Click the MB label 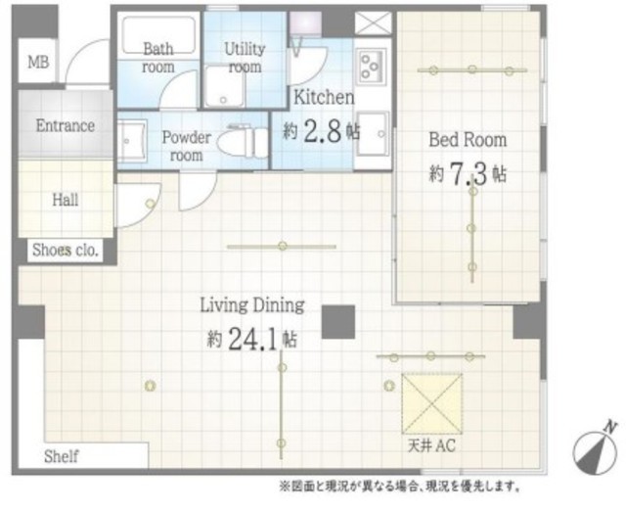[38, 62]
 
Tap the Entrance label [66, 125]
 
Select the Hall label [66, 200]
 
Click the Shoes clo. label [66, 250]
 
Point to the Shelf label [61, 456]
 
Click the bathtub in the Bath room [158, 35]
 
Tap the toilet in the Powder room [244, 142]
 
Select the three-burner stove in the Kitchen [373, 67]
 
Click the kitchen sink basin [372, 134]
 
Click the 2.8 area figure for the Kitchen [323, 131]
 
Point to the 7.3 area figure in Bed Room [469, 174]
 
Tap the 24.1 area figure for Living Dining [253, 340]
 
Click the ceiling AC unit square [432, 403]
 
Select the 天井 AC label [431, 445]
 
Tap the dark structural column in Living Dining [338, 322]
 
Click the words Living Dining [252, 305]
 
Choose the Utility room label [245, 58]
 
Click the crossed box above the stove [374, 23]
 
